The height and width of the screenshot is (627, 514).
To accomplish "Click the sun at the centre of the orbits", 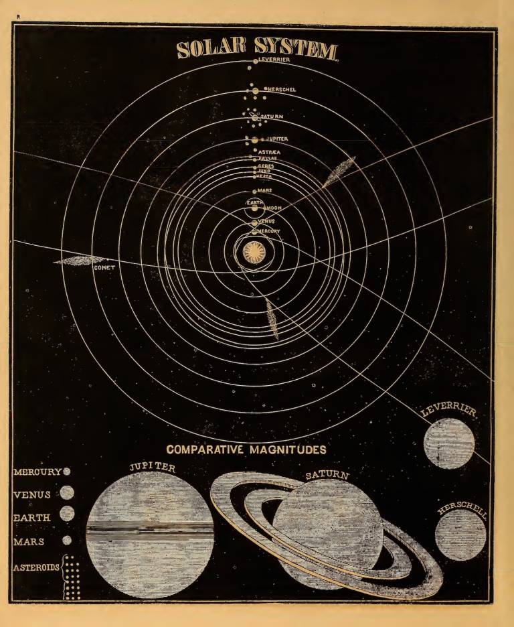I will tap(254, 253).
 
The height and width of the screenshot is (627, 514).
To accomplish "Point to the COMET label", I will tap(105, 268).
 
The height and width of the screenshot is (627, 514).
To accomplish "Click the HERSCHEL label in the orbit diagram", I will tap(284, 89).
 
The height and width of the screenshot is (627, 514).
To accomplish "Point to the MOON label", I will tap(274, 208).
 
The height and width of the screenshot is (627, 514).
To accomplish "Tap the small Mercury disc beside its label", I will tap(66, 472).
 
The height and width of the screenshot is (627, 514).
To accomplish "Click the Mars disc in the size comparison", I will tap(67, 539).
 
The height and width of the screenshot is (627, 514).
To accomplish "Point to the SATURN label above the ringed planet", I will tap(327, 476).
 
